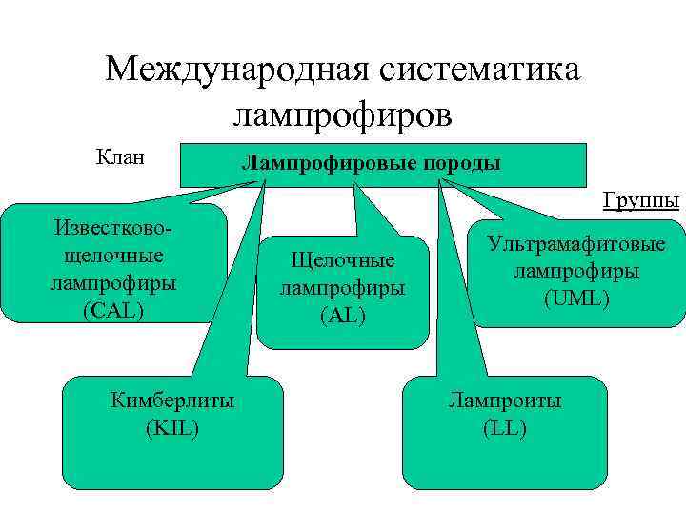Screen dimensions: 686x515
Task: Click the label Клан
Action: [x=120, y=155]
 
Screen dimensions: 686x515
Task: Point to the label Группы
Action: [x=640, y=200]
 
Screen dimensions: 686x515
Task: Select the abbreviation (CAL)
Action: [x=113, y=309]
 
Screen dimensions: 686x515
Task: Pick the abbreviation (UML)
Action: [x=576, y=299]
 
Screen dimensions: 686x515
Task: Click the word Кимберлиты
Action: [x=172, y=401]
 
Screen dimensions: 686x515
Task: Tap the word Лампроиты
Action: [x=505, y=401]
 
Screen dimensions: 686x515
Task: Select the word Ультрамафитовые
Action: [x=576, y=244]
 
